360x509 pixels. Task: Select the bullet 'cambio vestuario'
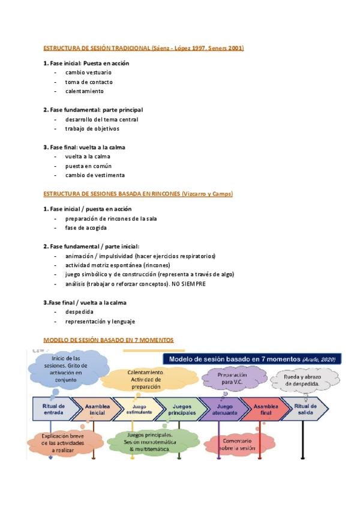[88, 72]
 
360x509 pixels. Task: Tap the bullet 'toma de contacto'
[89, 82]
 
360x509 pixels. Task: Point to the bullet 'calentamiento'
[85, 91]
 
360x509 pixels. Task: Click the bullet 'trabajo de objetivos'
[92, 128]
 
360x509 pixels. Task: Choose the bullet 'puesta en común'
[88, 166]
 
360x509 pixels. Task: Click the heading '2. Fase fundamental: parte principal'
[93, 110]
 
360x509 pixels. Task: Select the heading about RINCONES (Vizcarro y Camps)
[138, 194]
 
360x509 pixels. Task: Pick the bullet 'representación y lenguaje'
[100, 321]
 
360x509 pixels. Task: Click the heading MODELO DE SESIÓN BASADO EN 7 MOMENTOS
[109, 340]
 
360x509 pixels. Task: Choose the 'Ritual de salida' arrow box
[304, 409]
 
